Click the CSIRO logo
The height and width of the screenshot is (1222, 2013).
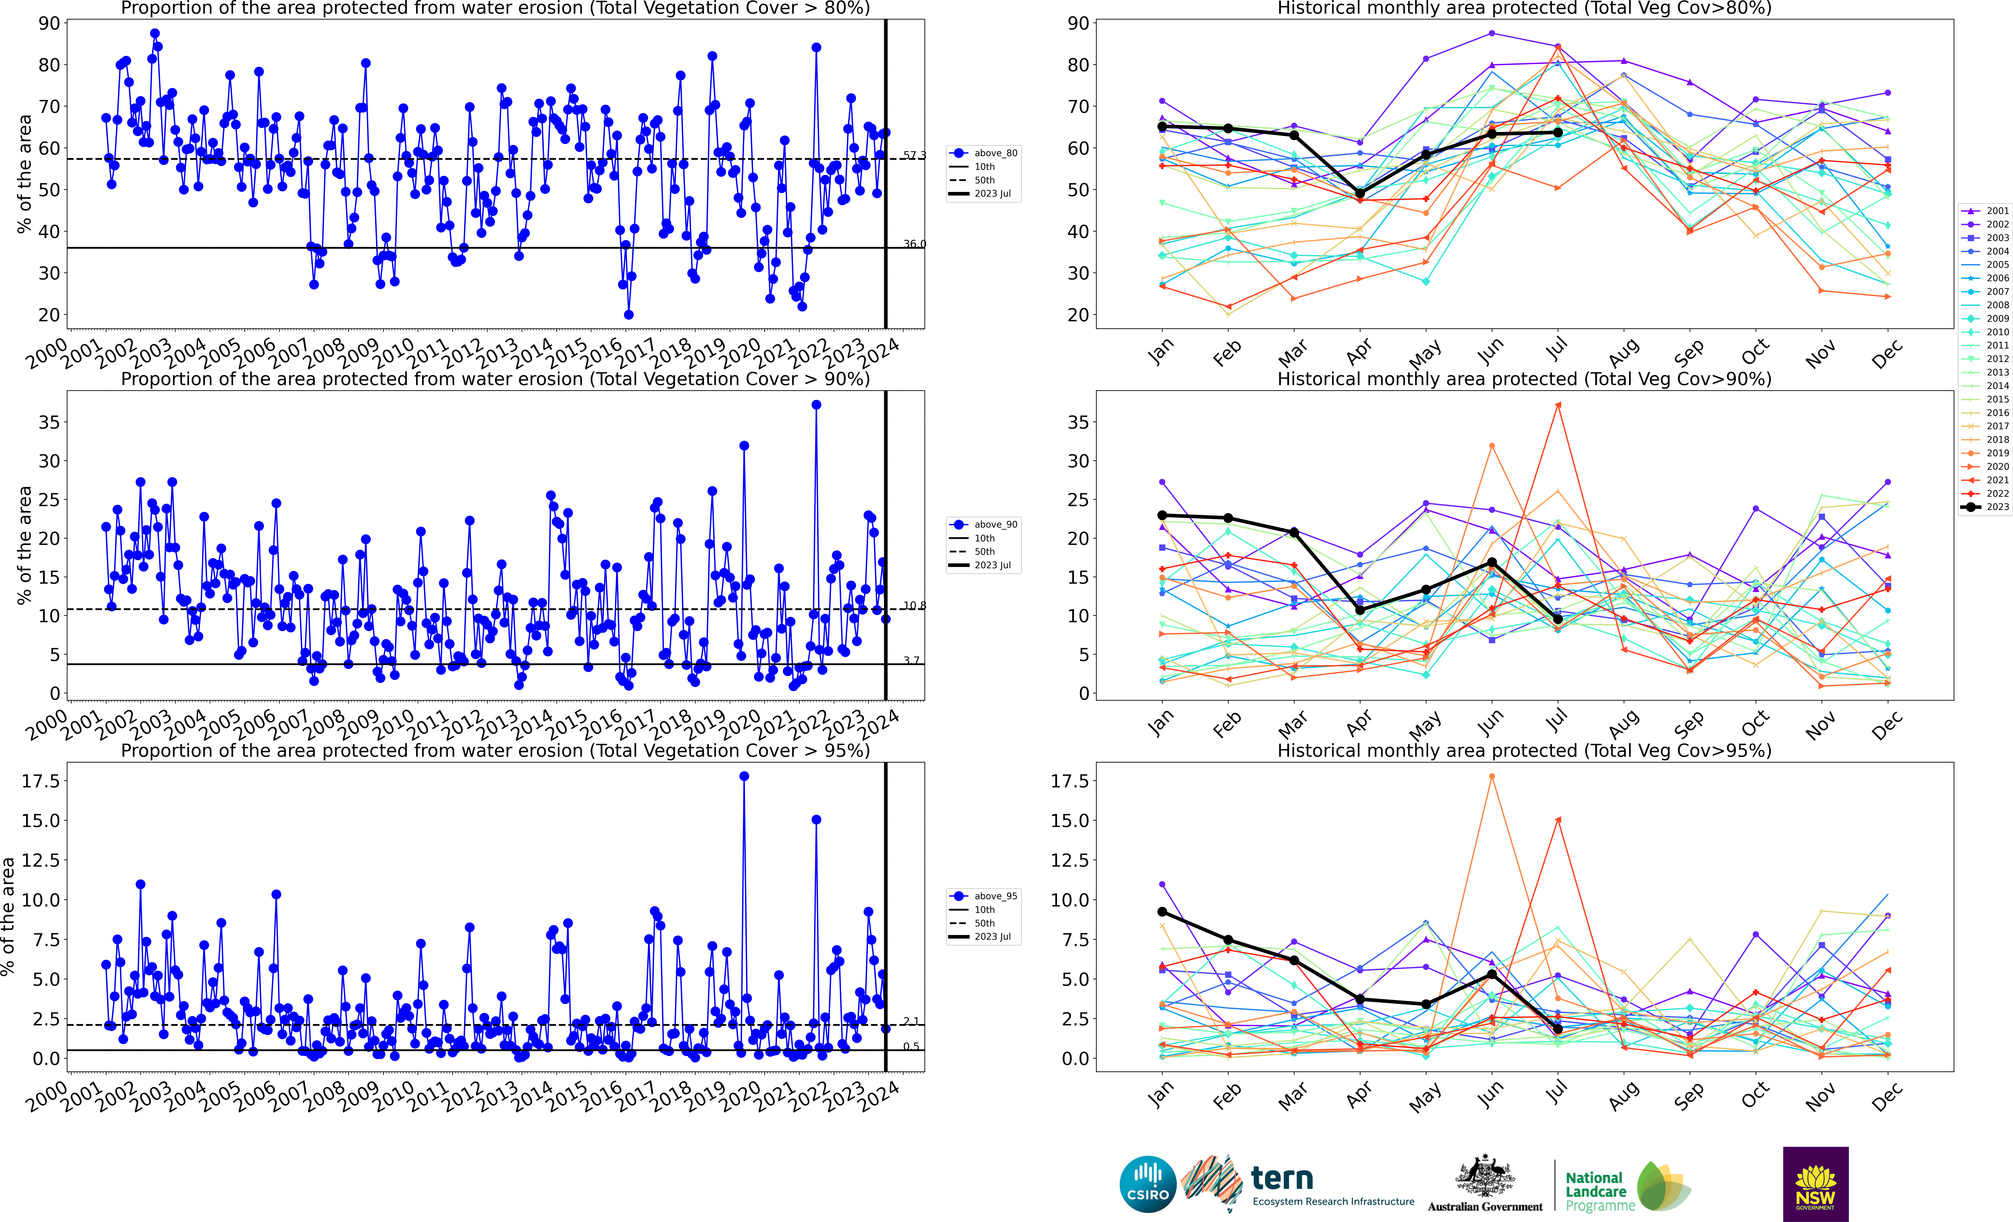(1148, 1184)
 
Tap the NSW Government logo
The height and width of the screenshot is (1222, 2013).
(1815, 1184)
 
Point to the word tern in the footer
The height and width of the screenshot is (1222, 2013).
(1282, 1179)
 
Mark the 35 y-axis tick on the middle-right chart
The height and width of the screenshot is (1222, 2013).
(1078, 423)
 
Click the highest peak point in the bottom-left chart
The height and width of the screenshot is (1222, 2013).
(744, 776)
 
